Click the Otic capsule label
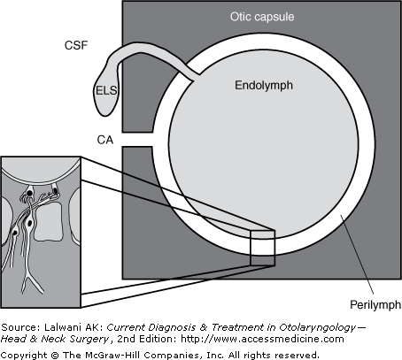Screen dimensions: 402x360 coord(262,17)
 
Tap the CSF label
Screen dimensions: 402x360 coord(76,45)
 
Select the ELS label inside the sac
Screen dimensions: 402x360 coord(106,90)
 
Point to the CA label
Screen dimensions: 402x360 coord(105,140)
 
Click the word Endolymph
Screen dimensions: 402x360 coord(264,85)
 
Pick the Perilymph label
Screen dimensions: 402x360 coord(375,304)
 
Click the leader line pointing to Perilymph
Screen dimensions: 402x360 coord(357,255)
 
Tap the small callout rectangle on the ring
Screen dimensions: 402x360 coord(263,248)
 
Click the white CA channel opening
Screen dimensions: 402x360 coord(137,139)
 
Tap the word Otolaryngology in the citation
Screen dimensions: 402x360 coord(318,327)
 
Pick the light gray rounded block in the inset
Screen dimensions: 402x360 coord(49,221)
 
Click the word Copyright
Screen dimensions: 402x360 coord(24,355)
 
